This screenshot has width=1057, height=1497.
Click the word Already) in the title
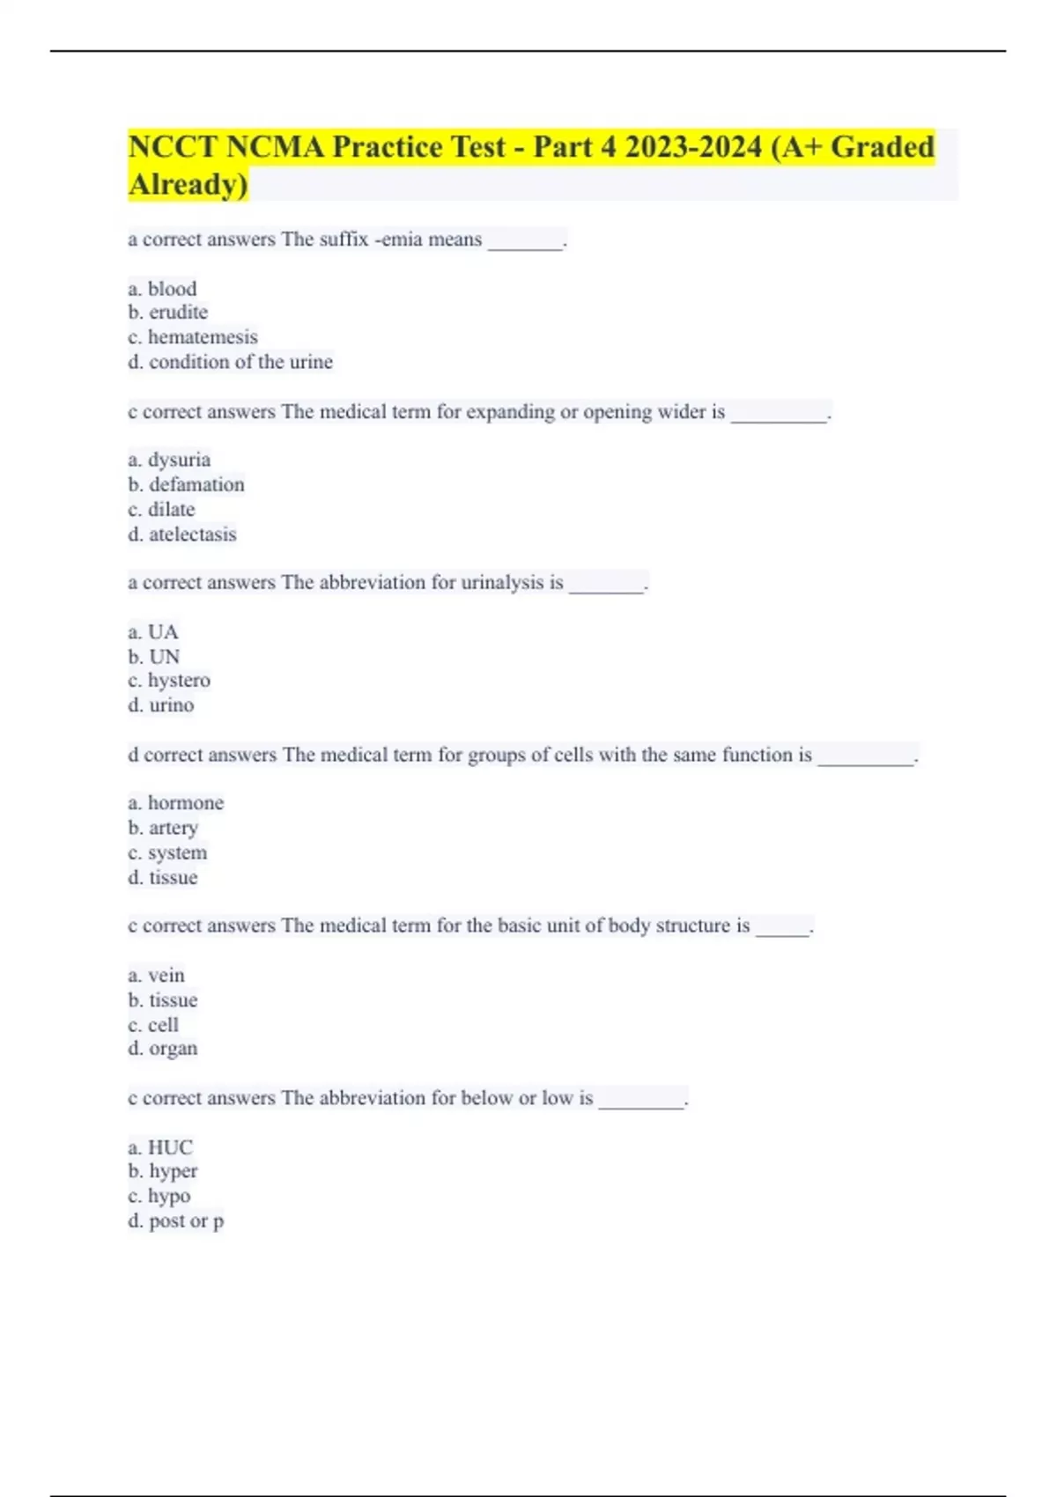tap(188, 185)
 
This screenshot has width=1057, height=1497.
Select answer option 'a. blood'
tap(162, 289)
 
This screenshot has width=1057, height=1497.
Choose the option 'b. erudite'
tap(167, 313)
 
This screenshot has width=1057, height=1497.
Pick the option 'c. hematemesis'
tap(193, 337)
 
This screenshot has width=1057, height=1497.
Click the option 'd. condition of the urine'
tap(230, 362)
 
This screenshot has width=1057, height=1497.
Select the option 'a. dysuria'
tap(169, 460)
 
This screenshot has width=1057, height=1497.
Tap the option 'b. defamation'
tap(186, 484)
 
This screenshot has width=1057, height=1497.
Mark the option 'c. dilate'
tap(161, 509)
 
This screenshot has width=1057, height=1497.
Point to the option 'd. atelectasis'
tap(181, 534)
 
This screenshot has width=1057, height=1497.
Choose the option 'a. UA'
tap(153, 632)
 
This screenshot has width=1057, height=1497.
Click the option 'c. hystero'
tap(169, 681)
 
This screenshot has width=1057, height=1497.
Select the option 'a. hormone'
tap(175, 803)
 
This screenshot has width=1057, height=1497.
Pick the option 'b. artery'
tap(163, 828)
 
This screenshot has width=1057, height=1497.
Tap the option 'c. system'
tap(167, 852)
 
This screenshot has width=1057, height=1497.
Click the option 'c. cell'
tap(153, 1025)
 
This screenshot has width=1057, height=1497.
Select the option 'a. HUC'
tap(160, 1147)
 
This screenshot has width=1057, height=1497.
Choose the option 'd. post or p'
tap(175, 1221)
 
